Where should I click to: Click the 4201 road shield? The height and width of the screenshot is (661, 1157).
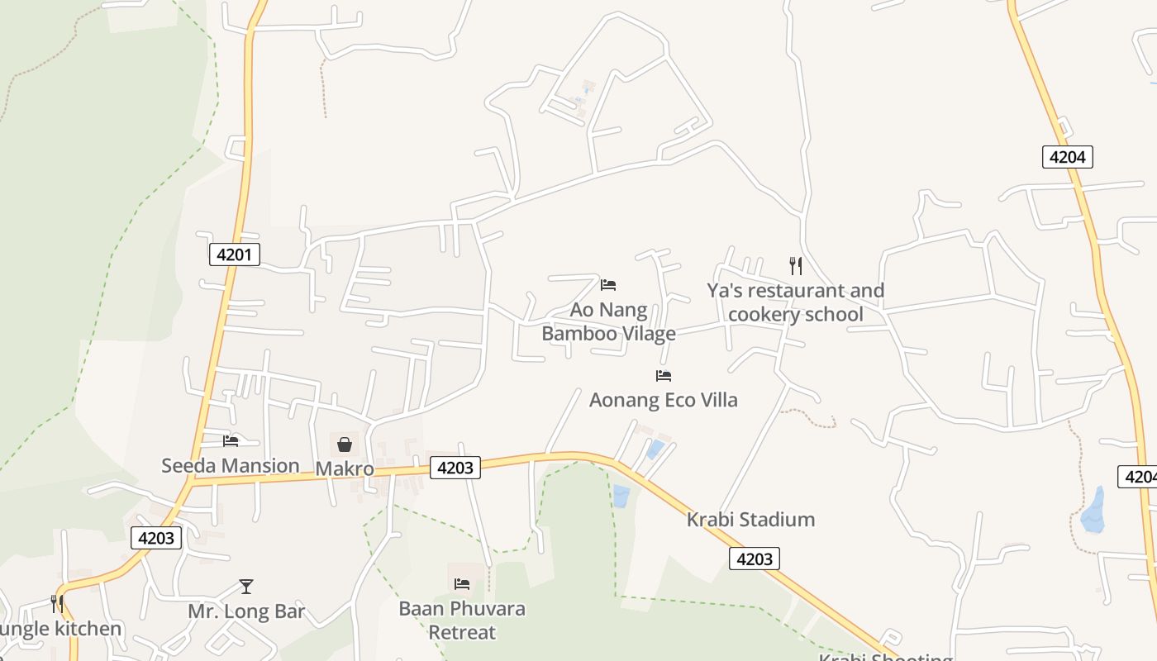(234, 254)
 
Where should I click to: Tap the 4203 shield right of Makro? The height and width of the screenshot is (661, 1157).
(455, 468)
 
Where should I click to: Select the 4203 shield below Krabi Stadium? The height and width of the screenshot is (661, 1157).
(754, 559)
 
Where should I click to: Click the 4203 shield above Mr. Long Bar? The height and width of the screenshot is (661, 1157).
(156, 538)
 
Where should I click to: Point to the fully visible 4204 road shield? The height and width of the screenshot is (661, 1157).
(1067, 156)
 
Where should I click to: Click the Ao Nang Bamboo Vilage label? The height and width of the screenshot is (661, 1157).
(608, 321)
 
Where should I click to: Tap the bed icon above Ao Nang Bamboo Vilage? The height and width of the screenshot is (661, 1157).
(608, 285)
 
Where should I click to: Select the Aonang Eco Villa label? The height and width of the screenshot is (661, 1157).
(663, 400)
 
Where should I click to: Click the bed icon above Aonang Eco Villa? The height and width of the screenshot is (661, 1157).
(664, 376)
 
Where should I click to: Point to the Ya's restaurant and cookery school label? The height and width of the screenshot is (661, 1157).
(795, 302)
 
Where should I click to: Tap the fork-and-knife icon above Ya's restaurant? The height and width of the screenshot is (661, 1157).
(795, 265)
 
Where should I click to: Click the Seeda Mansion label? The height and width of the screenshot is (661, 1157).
(230, 465)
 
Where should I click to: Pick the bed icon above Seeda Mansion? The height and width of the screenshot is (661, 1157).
(231, 441)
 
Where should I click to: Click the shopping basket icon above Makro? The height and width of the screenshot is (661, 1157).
(345, 445)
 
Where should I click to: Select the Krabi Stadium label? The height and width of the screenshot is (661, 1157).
(750, 520)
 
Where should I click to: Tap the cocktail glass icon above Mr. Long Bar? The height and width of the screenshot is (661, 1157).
(246, 587)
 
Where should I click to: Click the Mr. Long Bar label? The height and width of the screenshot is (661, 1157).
(246, 612)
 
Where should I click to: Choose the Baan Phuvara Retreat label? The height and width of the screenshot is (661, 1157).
(462, 621)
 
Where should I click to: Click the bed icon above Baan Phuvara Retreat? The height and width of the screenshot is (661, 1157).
(462, 584)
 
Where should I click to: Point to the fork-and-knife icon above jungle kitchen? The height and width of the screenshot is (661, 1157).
(57, 604)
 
